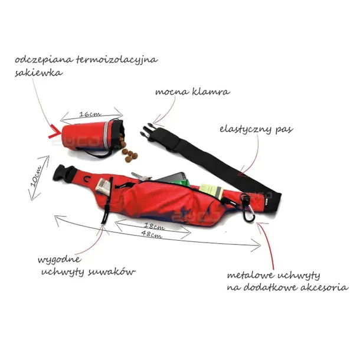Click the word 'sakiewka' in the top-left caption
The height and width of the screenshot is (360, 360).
pyautogui.click(x=39, y=73)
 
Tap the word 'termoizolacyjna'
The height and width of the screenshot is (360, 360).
pyautogui.click(x=117, y=60)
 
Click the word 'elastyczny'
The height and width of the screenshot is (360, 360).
pyautogui.click(x=246, y=129)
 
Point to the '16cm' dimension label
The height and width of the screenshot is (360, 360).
pyautogui.click(x=90, y=114)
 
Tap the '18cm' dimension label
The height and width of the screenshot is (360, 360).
pyautogui.click(x=155, y=226)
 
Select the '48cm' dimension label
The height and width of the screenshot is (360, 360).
pyautogui.click(x=152, y=234)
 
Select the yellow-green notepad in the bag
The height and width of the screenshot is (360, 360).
pyautogui.click(x=211, y=191)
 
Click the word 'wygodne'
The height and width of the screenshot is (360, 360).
pyautogui.click(x=60, y=260)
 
